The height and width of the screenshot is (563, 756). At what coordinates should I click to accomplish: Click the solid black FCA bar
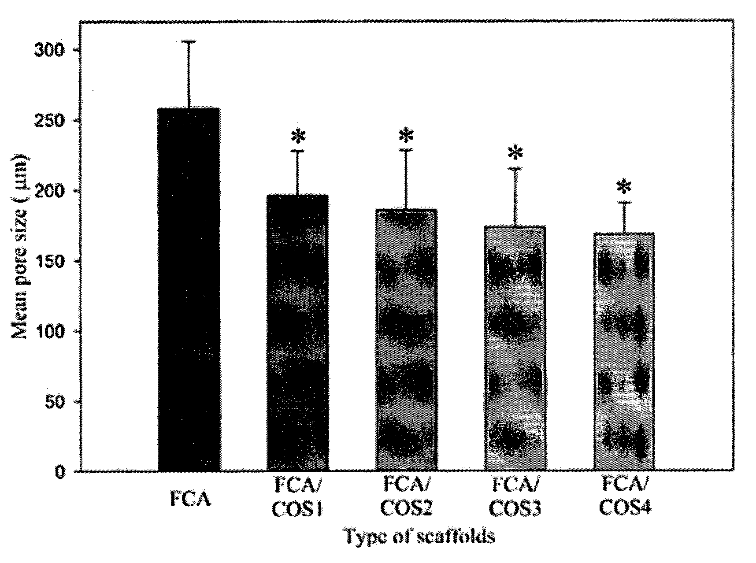pyautogui.click(x=189, y=289)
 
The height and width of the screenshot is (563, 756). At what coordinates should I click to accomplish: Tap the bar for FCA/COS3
pyautogui.click(x=515, y=349)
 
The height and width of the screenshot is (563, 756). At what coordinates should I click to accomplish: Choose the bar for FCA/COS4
pyautogui.click(x=624, y=352)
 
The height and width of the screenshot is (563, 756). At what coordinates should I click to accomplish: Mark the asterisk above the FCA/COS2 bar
pyautogui.click(x=406, y=136)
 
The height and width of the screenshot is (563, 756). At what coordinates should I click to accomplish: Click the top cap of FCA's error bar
pyautogui.click(x=189, y=41)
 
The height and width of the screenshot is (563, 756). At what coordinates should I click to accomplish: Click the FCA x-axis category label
pyautogui.click(x=190, y=500)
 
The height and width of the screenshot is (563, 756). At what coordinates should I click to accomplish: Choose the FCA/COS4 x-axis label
pyautogui.click(x=624, y=497)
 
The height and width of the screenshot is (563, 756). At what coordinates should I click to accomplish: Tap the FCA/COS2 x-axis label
pyautogui.click(x=407, y=497)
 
